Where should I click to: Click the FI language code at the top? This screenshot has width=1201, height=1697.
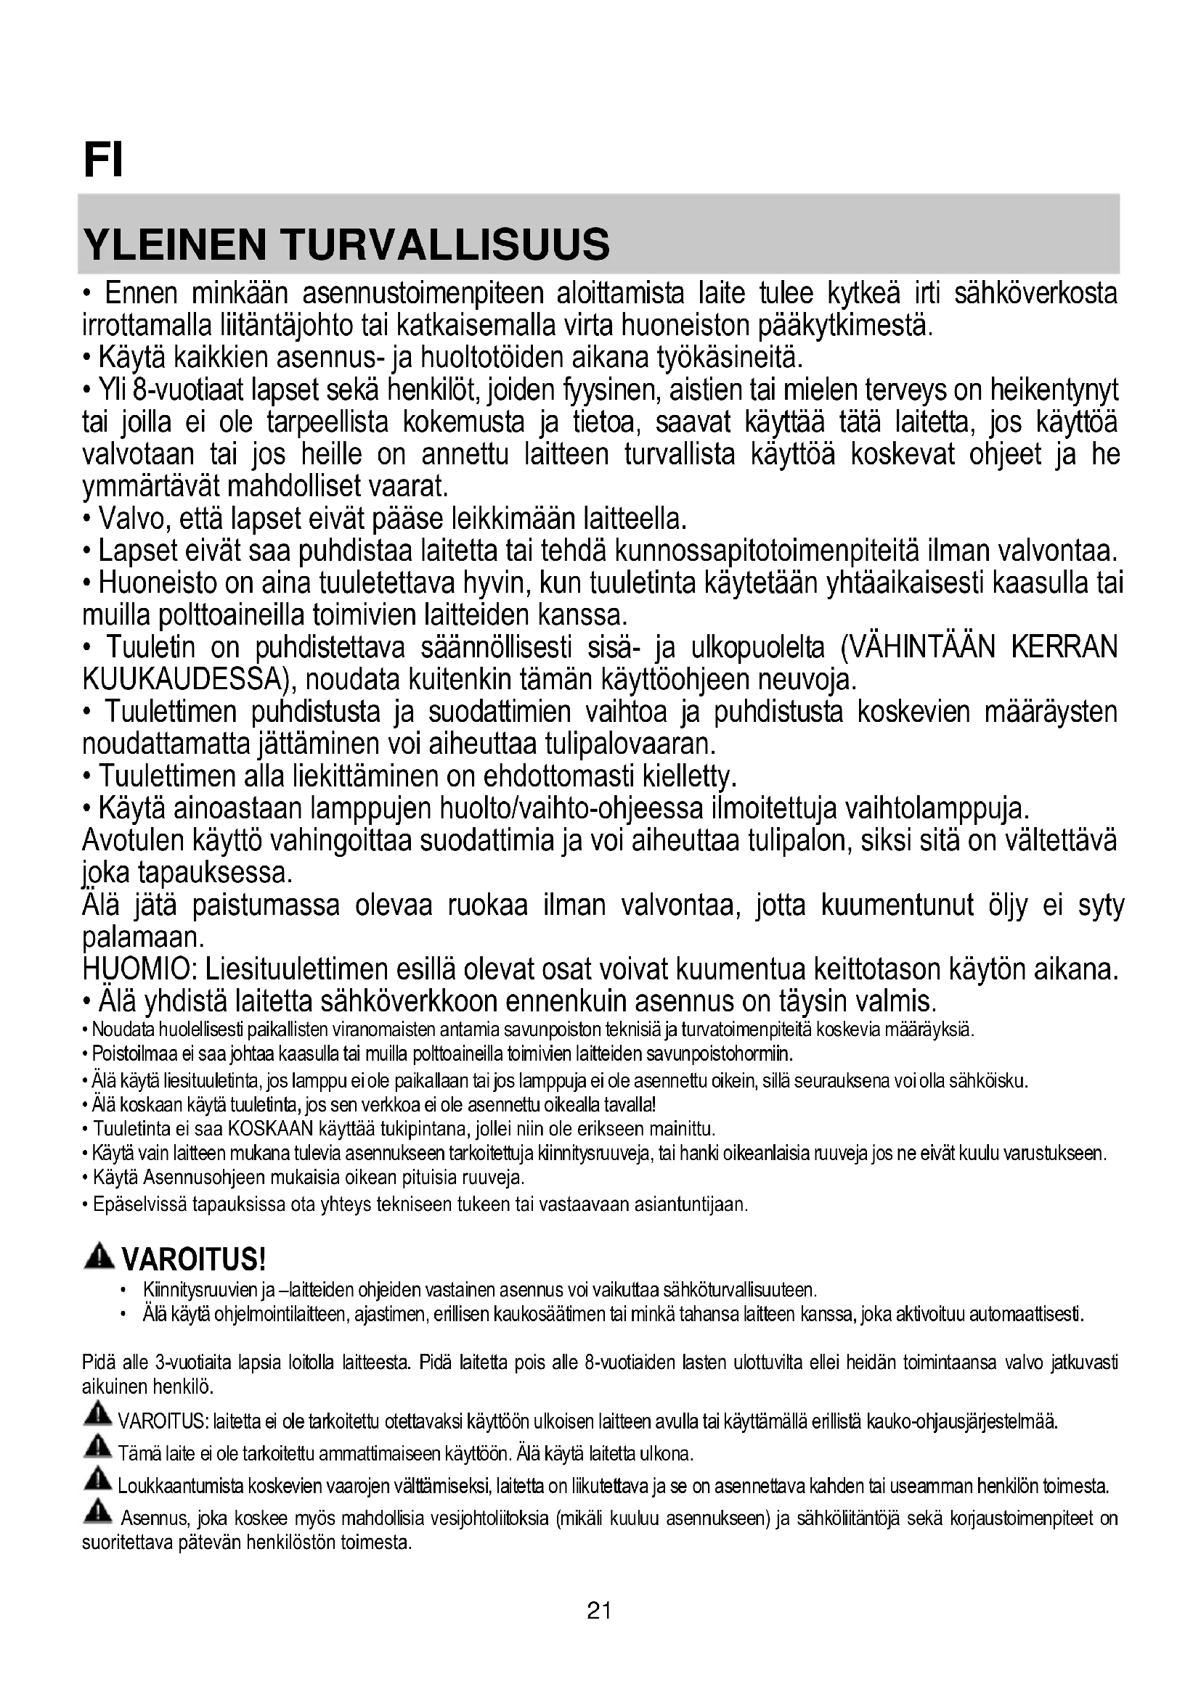[x=103, y=160]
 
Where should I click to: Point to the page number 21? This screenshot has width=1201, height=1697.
[x=599, y=1611]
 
